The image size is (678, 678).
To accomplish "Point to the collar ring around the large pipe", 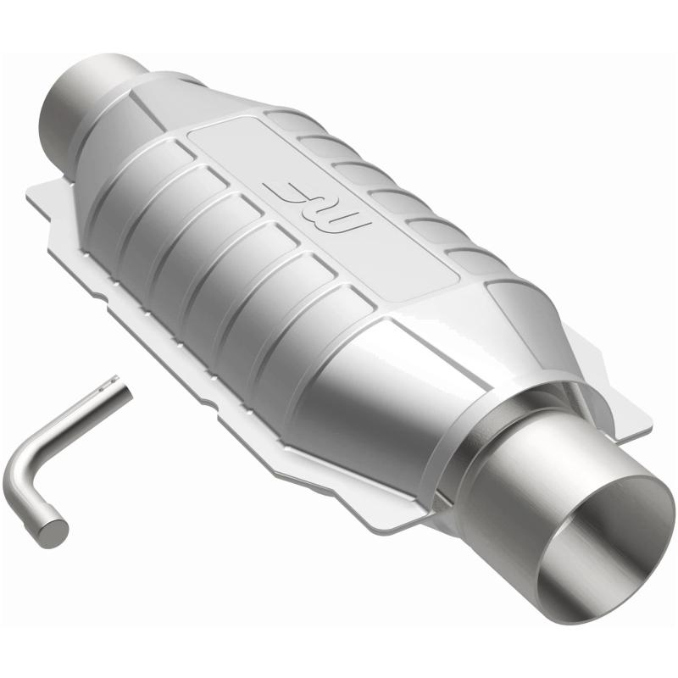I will coord(500,441).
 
